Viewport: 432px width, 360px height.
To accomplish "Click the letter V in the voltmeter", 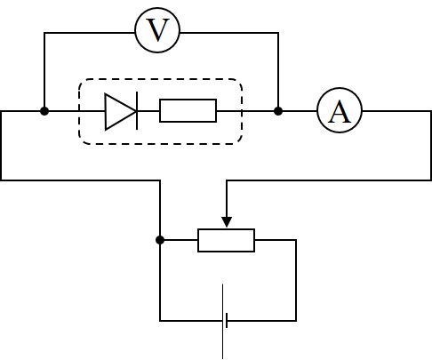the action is pos(157,30).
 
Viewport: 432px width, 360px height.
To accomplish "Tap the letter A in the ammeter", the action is pos(340,112).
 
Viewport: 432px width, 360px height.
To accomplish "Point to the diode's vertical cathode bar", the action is pos(137,111).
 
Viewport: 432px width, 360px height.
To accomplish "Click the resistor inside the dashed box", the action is pos(188,111).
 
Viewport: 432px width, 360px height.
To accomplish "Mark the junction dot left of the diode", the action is pos(44,111).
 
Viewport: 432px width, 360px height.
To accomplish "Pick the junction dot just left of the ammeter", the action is pos(278,111).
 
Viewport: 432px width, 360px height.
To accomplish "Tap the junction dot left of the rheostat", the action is pos(160,240).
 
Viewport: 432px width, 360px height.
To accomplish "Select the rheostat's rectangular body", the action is pos(226,240).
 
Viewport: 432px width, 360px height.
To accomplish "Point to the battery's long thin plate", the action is pos(223,322).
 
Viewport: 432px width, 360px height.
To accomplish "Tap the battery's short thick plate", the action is pos(227,321).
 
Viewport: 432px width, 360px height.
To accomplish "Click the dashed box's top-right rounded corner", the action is pos(239,82).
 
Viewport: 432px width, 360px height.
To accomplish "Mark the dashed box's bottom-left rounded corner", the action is pos(82,141).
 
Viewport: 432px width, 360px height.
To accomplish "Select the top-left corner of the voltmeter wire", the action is pos(44,33).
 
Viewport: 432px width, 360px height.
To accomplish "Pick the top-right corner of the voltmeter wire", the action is pos(278,33).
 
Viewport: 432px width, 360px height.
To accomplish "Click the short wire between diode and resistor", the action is pos(148,111).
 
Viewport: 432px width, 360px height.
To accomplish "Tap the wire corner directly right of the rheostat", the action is pos(296,240).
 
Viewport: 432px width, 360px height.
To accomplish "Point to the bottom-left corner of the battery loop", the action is pos(160,321).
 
